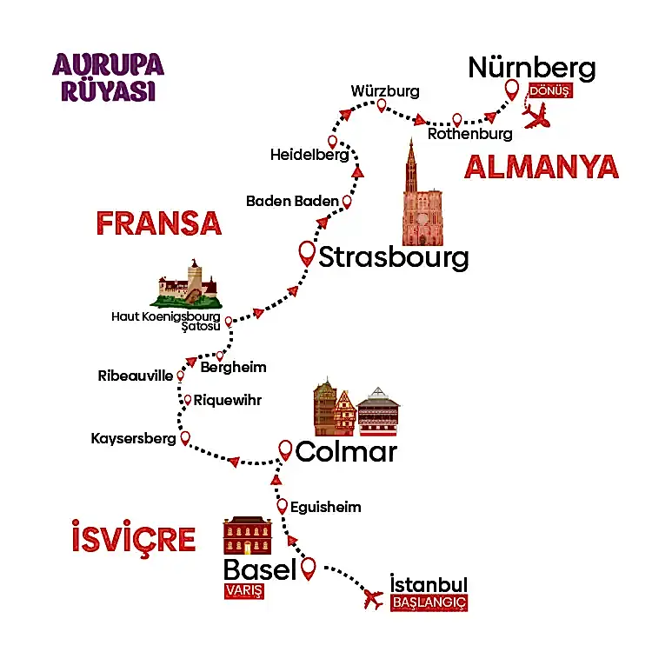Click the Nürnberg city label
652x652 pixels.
(x=532, y=68)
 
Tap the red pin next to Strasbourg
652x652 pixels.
(x=307, y=253)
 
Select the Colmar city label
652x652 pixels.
(x=346, y=452)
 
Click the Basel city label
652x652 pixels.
(x=260, y=570)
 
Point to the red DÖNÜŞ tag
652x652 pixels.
(x=549, y=91)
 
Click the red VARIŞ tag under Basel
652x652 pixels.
(x=243, y=592)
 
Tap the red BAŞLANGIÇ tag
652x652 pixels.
(x=429, y=602)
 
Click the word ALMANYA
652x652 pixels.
(x=541, y=167)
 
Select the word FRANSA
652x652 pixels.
(x=158, y=223)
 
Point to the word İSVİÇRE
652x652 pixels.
(x=133, y=539)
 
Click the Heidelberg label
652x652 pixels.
(x=309, y=156)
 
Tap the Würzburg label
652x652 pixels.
(x=385, y=90)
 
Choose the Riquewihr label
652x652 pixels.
(x=227, y=401)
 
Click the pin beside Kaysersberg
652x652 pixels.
(x=184, y=439)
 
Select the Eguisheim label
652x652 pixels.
(x=325, y=507)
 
